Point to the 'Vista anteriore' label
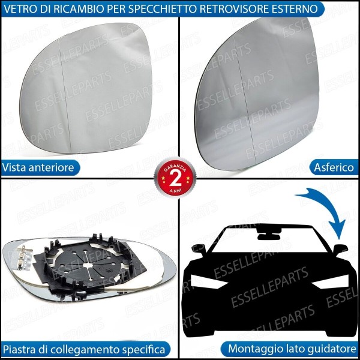[38, 167]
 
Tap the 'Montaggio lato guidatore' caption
[292, 349]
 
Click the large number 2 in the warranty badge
[175, 179]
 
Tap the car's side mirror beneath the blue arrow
[340, 247]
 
